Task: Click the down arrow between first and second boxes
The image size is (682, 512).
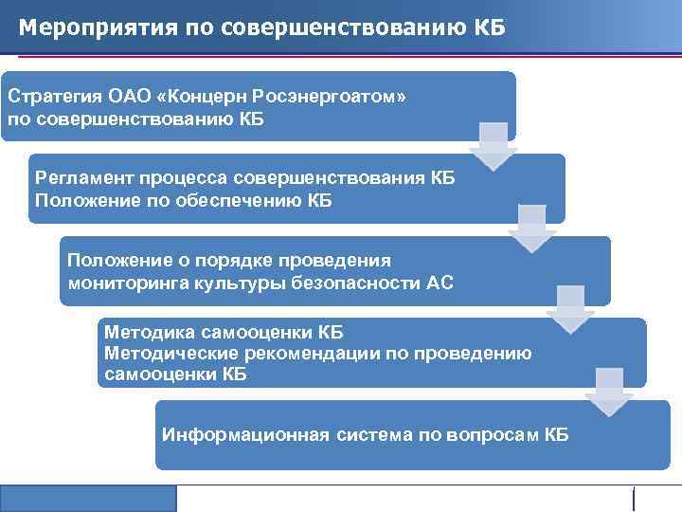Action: (x=494, y=145)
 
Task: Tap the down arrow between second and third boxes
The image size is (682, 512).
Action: (x=532, y=228)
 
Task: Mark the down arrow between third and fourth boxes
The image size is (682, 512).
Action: (x=571, y=309)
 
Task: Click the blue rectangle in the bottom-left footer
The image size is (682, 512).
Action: (x=88, y=499)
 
